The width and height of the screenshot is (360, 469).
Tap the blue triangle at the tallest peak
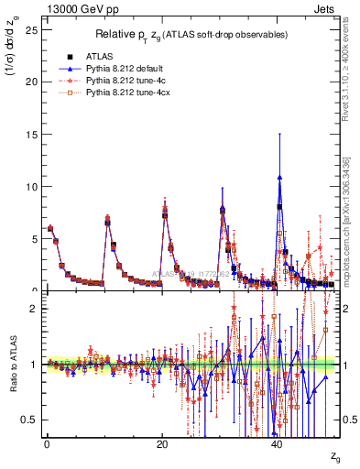(x=279, y=177)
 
